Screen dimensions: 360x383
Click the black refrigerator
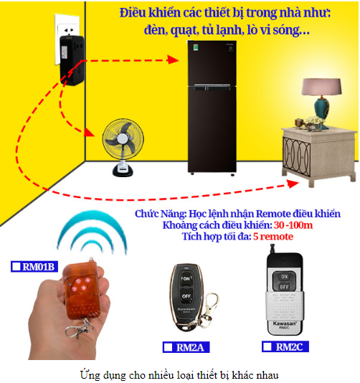(212, 108)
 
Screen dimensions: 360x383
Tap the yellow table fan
(123, 147)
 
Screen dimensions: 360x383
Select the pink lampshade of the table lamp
(321, 87)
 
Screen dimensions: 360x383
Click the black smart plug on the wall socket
(72, 60)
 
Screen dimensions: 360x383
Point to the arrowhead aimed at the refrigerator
(173, 60)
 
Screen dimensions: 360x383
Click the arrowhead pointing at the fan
(89, 132)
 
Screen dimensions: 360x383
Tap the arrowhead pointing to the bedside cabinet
(293, 184)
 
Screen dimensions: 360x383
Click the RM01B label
(34, 267)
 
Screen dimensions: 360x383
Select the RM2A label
(186, 347)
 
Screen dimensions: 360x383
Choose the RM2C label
(285, 346)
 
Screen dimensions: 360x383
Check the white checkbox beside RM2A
(168, 347)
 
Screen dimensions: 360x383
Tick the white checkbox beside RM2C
(267, 346)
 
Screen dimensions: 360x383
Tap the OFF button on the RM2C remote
(284, 286)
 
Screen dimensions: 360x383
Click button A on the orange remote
(87, 280)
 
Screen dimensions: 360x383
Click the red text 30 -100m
(293, 225)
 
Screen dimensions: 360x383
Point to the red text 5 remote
(273, 237)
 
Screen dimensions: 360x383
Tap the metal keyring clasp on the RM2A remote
(207, 311)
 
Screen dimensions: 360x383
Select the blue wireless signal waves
(92, 232)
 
